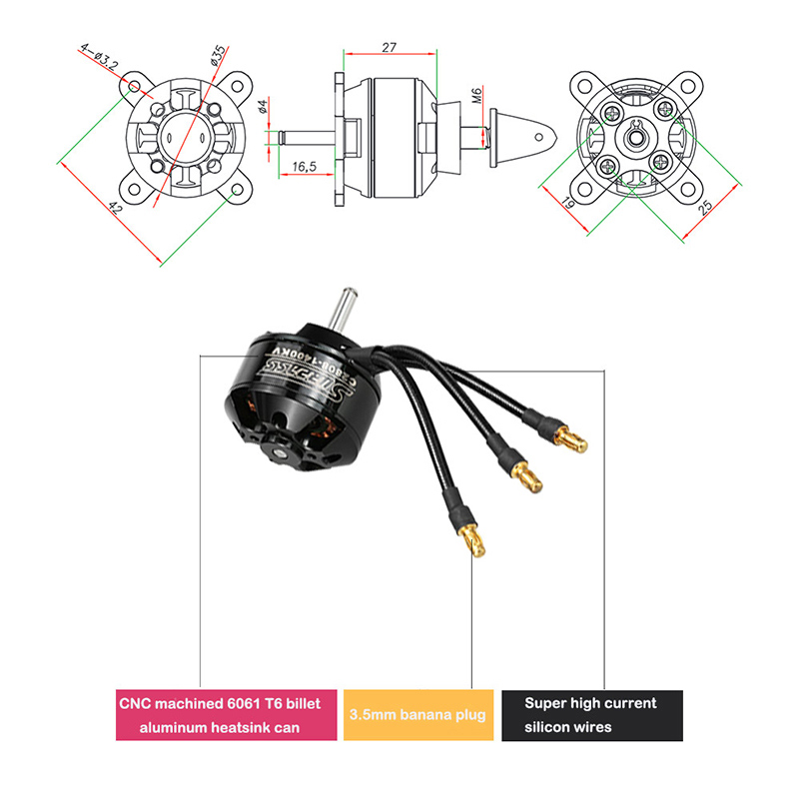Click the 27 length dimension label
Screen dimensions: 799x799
tap(390, 47)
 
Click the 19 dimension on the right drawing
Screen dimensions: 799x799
tap(567, 205)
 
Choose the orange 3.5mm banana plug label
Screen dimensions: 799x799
tap(417, 715)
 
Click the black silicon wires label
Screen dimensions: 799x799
tap(591, 715)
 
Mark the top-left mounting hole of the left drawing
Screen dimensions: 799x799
tap(135, 87)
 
